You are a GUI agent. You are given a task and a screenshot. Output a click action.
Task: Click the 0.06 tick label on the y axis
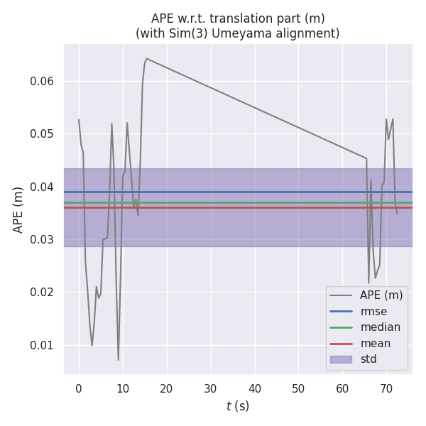(43, 81)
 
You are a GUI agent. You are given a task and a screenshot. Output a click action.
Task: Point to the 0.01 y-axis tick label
(43, 345)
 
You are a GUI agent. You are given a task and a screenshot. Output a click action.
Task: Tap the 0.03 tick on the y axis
(43, 239)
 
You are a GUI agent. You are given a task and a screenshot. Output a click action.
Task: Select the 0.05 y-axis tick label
(43, 134)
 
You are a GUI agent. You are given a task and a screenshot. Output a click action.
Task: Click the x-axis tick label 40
(254, 388)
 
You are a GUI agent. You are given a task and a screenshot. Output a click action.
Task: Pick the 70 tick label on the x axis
(386, 388)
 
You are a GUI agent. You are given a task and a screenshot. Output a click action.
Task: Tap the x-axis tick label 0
(79, 388)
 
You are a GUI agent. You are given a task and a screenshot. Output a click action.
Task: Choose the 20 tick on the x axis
(166, 388)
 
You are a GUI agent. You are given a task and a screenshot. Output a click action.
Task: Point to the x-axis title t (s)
(237, 406)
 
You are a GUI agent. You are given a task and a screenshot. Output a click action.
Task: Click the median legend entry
(380, 327)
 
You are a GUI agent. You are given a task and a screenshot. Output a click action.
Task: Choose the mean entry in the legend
(375, 344)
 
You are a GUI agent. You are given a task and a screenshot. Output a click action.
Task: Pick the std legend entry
(368, 359)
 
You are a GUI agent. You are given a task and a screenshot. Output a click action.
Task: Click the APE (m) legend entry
(381, 295)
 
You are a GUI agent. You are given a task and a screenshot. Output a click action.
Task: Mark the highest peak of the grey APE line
(146, 58)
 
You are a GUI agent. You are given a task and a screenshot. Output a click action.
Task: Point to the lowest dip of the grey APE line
(119, 360)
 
